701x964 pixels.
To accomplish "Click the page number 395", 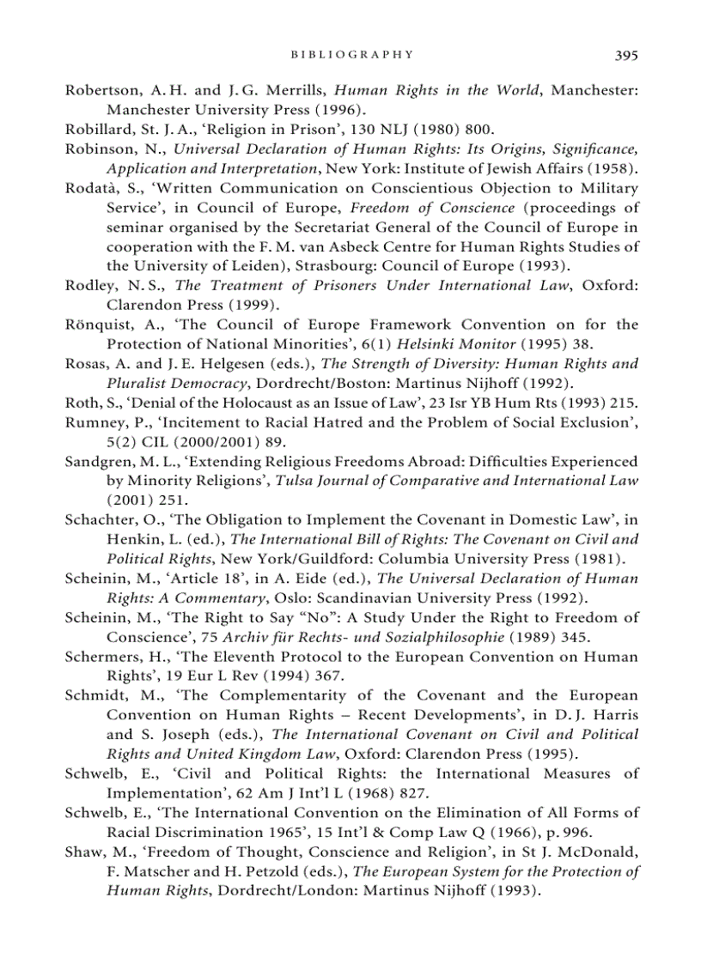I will (626, 55).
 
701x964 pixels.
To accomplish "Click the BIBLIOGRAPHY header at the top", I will (352, 55).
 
